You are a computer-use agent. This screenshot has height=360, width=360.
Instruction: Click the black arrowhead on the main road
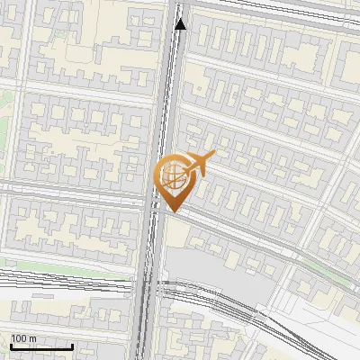181,24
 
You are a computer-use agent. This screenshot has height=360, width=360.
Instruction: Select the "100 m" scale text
24,338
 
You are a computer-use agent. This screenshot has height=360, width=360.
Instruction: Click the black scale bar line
41,346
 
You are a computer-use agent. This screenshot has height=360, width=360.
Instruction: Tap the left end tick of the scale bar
11,346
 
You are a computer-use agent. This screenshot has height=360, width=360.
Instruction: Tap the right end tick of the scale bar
72,346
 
